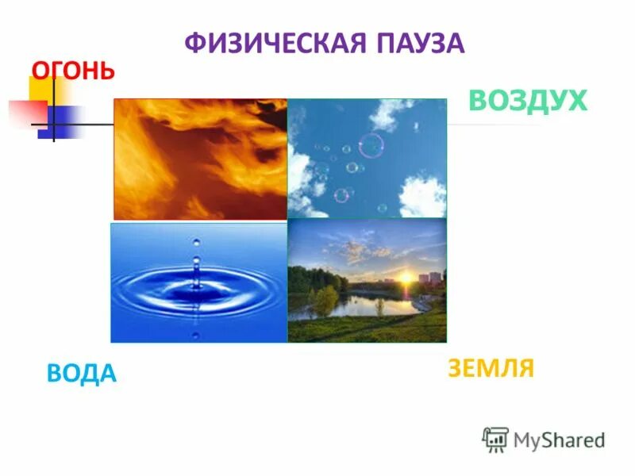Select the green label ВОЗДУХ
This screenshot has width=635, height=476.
pos(528,102)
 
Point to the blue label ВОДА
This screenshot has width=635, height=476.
pos(82,373)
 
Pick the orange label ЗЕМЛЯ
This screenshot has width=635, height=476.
pos(491,368)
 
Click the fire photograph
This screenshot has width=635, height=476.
pos(200,159)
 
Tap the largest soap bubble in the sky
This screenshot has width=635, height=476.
pos(371,146)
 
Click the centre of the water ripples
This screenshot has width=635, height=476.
pos(195,287)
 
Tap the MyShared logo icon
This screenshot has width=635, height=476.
pos(495,439)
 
